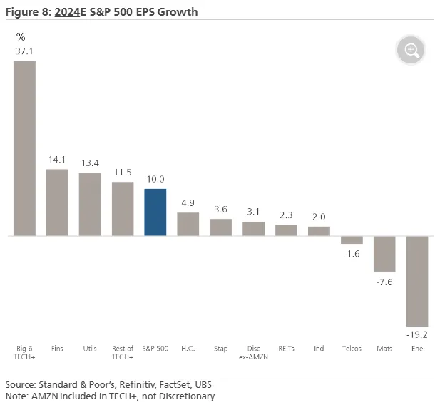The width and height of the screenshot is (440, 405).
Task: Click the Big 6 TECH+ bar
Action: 25,148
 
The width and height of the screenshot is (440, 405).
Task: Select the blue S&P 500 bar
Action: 155,212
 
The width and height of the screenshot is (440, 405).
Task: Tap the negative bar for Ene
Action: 416,280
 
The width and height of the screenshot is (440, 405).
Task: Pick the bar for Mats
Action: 384,253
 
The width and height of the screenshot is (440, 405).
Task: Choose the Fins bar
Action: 57,202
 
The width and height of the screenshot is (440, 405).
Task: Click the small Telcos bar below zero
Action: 352,240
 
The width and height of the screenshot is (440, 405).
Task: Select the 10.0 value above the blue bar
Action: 155,180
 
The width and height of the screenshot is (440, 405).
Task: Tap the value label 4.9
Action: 188,203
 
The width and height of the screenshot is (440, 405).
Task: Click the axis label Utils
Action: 90,349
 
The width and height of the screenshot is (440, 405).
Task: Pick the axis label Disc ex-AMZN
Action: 253,352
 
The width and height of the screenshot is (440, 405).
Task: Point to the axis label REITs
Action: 286,349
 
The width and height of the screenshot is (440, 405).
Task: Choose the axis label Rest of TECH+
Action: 123,352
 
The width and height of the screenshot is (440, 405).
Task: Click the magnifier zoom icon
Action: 412,50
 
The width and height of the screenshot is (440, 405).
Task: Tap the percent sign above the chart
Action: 21,36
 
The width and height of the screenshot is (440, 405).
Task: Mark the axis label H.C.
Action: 188,349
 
